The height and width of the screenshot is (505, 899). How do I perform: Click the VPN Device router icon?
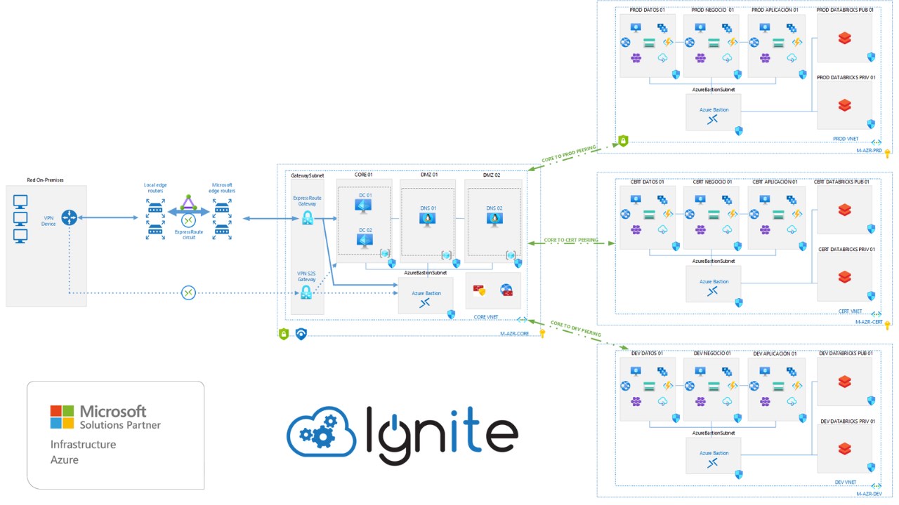pyautogui.click(x=69, y=218)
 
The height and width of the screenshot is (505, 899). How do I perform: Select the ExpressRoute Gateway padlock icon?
pyautogui.click(x=307, y=218)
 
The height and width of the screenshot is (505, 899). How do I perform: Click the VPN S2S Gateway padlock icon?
pyautogui.click(x=306, y=292)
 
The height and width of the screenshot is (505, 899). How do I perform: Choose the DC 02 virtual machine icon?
pyautogui.click(x=364, y=241)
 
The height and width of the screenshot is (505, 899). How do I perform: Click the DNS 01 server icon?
pyautogui.click(x=427, y=220)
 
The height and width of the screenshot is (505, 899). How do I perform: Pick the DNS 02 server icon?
pyautogui.click(x=494, y=220)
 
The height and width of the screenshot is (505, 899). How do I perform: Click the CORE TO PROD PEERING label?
pyautogui.click(x=569, y=154)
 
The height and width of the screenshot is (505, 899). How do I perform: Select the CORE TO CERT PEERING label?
pyautogui.click(x=571, y=240)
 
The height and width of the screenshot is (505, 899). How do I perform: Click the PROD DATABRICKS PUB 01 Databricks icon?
pyautogui.click(x=845, y=39)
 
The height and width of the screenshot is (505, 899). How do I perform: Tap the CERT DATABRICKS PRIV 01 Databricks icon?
pyautogui.click(x=845, y=277)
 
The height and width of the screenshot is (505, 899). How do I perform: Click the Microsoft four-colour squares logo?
pyautogui.click(x=62, y=416)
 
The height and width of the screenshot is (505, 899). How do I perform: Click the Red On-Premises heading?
pyautogui.click(x=45, y=180)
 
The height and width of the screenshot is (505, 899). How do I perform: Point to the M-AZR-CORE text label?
pyautogui.click(x=520, y=334)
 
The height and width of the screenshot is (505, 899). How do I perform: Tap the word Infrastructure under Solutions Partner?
pyautogui.click(x=83, y=445)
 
